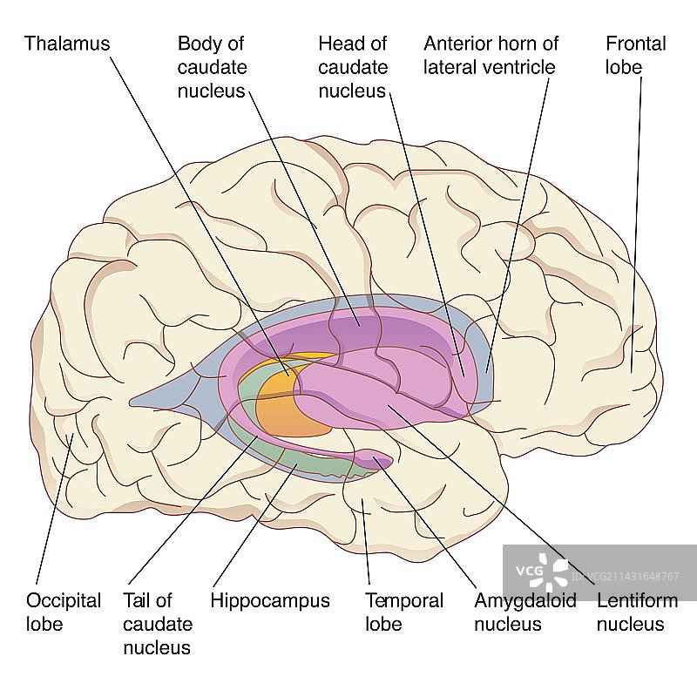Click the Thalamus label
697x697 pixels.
[67, 43]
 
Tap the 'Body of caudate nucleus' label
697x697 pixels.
[211, 67]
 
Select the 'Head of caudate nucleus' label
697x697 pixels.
[351, 67]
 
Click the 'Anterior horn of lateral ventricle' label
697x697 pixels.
[489, 55]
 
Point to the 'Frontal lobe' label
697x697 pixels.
[636, 55]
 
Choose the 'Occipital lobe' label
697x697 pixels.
[64, 612]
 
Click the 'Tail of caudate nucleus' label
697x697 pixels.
[158, 624]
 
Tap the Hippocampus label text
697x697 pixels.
[270, 600]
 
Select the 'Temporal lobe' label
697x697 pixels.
[403, 612]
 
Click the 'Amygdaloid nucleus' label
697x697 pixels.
[525, 612]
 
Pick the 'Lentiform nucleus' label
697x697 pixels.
[630, 612]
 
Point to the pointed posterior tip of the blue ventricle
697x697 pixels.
[133, 403]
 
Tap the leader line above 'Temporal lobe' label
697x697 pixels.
[367, 540]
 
